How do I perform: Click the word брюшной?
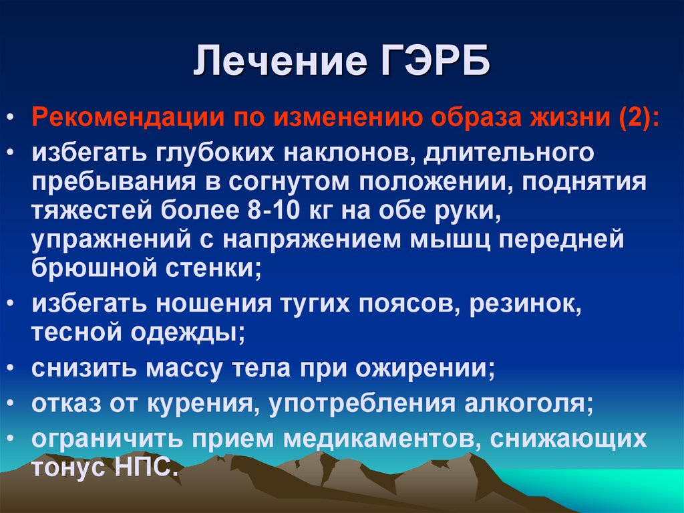94,267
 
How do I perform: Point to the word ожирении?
425,369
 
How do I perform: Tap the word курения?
200,404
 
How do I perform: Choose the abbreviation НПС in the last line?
147,467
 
